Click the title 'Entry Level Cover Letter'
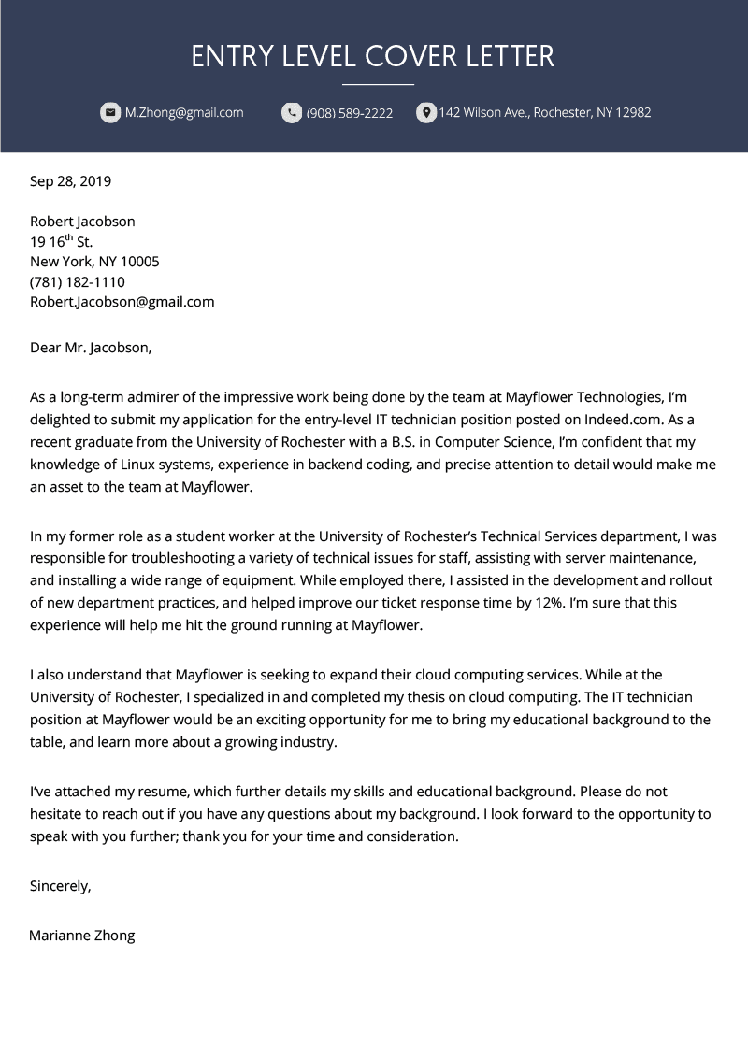[373, 56]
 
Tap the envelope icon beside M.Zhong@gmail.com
[110, 113]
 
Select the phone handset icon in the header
[292, 113]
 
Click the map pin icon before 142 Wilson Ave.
[425, 113]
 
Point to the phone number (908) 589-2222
[350, 113]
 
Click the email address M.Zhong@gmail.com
[184, 113]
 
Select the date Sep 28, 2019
[70, 181]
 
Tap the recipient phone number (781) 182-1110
[77, 282]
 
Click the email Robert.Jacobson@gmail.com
[122, 302]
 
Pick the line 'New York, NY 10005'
[94, 262]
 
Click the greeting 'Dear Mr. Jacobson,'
[90, 348]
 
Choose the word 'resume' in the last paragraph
[138, 791]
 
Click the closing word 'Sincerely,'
[60, 885]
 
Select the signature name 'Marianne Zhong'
[82, 935]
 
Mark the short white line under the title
[378, 84]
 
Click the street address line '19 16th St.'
[61, 242]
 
